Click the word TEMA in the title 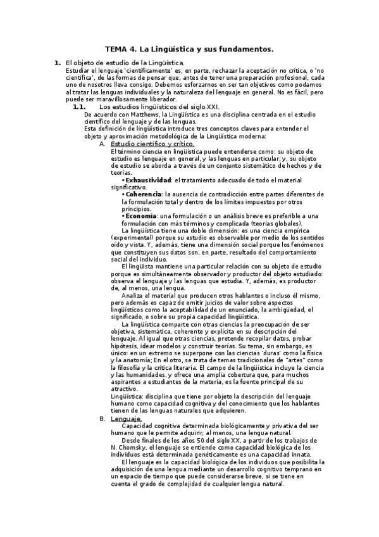pos(116,48)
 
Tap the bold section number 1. pos(57,63)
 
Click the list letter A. pos(103,144)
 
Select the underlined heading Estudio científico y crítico pos(152,144)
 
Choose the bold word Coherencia pos(143,194)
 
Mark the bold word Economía pos(141,215)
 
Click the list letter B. pos(103,419)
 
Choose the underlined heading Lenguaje pos(126,419)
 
